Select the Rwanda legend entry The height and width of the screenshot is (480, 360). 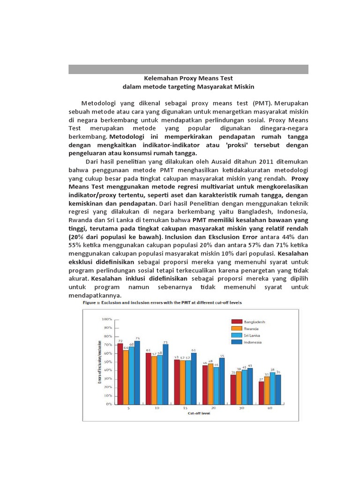[x=247, y=329]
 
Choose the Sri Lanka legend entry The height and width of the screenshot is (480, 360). [x=247, y=336]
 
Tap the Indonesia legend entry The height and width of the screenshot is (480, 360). [x=247, y=342]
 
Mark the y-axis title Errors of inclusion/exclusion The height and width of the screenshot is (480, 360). [x=100, y=361]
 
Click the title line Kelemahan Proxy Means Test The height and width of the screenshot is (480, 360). [x=188, y=78]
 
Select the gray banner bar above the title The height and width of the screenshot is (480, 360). [x=188, y=69]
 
